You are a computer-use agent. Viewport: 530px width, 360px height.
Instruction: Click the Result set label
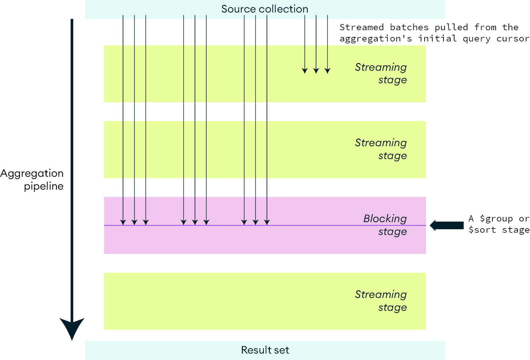point(265,350)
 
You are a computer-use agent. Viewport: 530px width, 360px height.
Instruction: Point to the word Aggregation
point(32,174)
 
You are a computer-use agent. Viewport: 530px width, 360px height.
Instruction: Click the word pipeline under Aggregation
point(44,186)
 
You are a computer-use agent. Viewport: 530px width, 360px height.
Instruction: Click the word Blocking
point(385,219)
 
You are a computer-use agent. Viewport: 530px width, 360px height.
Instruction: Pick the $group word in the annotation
point(496,219)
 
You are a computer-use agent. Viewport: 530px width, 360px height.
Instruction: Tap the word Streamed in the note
point(362,27)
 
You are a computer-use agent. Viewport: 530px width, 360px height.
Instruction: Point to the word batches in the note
point(409,27)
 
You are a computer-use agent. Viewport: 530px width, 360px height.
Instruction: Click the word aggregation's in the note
point(375,39)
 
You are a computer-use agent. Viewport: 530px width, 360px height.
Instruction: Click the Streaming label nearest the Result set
point(381,294)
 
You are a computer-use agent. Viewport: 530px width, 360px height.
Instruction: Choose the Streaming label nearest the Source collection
point(381,67)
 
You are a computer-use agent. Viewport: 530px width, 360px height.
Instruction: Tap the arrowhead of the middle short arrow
point(316,71)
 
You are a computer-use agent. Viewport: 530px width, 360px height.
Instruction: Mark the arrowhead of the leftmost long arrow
point(123,222)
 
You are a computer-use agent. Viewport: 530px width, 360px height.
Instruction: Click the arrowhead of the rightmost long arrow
point(267,222)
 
